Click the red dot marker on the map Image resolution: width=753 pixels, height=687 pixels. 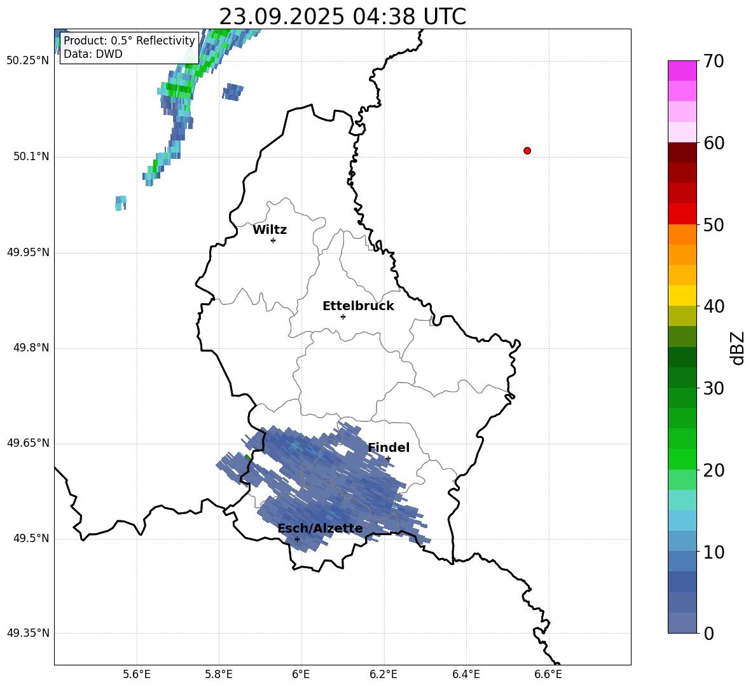tap(527, 151)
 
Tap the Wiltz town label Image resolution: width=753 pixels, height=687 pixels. tap(270, 230)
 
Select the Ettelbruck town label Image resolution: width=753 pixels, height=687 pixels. tap(358, 306)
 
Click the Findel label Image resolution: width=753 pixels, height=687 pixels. tap(389, 448)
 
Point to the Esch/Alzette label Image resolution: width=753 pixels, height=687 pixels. tap(320, 529)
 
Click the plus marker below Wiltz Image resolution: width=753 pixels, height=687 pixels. tap(273, 240)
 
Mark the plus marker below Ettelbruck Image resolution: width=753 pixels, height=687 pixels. tap(343, 316)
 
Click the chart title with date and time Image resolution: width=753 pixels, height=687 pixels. tap(342, 17)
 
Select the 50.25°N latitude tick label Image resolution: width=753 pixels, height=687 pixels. tap(28, 61)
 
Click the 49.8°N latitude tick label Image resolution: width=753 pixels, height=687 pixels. tap(31, 348)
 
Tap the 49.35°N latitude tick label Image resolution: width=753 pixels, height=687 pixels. tap(28, 634)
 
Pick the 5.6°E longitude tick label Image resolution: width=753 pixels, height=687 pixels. tap(137, 674)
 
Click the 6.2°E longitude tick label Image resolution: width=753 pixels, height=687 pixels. tap(383, 674)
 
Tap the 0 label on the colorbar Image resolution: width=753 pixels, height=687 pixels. tap(709, 634)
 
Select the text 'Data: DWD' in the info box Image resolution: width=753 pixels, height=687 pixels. tap(93, 54)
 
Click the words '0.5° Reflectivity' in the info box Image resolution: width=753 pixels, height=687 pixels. tap(153, 41)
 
